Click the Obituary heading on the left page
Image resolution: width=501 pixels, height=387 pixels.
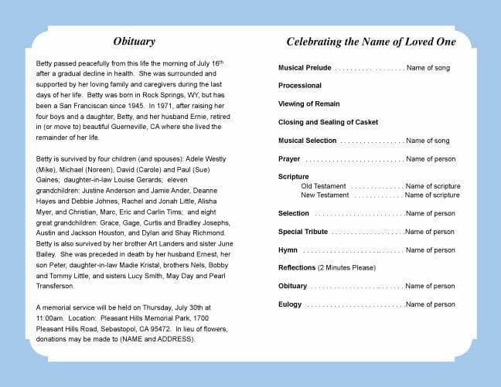click(134, 42)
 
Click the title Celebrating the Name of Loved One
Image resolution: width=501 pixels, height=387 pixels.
click(371, 42)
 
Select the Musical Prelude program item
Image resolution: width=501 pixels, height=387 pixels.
click(305, 68)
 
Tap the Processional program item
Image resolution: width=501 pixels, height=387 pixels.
click(300, 86)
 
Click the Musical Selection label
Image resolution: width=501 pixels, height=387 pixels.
click(308, 141)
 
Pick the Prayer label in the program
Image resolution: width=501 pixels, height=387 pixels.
click(289, 159)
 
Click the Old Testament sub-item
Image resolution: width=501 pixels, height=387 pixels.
click(323, 186)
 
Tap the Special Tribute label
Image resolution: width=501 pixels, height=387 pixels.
click(303, 232)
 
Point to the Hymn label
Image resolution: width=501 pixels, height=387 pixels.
click(288, 250)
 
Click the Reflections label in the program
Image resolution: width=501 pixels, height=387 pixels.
click(297, 268)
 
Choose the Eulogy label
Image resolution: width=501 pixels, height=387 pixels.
click(291, 304)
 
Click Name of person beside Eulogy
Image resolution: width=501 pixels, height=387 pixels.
click(431, 304)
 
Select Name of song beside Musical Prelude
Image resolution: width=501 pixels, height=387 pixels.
click(428, 68)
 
